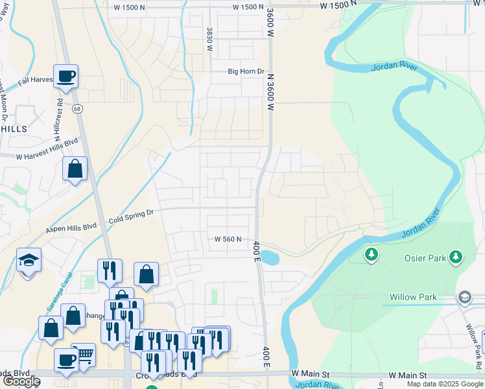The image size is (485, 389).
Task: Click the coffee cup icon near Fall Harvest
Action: pyautogui.click(x=66, y=77)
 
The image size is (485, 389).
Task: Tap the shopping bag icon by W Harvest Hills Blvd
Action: pyautogui.click(x=75, y=169)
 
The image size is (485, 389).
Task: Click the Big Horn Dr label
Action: pyautogui.click(x=246, y=72)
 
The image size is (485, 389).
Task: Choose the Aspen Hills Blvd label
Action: pyautogui.click(x=71, y=229)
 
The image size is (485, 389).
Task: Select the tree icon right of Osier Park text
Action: pyautogui.click(x=456, y=257)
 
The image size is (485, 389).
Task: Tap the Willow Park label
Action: pyautogui.click(x=422, y=297)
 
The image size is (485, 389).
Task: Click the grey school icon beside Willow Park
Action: pyautogui.click(x=464, y=298)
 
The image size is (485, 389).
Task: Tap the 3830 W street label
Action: pyautogui.click(x=209, y=40)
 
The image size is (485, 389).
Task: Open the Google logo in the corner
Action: pyautogui.click(x=21, y=381)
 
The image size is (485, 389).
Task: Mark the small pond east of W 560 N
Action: pyautogui.click(x=271, y=257)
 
